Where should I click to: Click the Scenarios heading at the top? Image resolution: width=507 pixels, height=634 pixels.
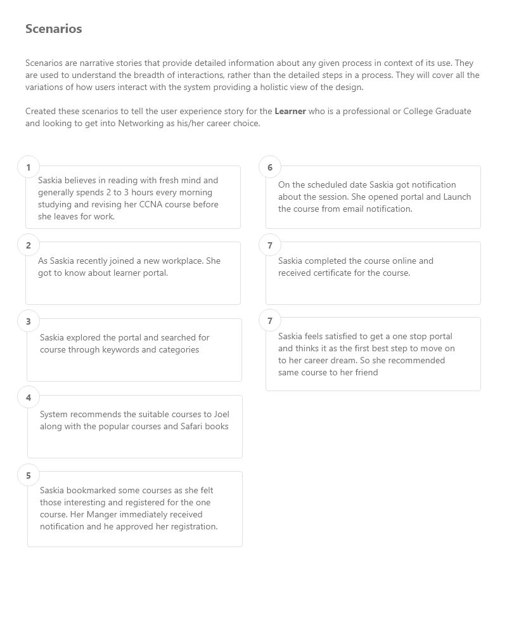coord(54,29)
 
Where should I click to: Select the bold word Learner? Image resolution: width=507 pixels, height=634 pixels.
coord(290,111)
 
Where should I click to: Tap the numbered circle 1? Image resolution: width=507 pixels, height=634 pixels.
coord(29,167)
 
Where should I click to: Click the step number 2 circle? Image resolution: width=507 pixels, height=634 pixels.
coord(29,245)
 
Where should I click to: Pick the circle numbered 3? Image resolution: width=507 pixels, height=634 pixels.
coord(29,321)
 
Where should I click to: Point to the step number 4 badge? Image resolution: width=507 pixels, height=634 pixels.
coord(29,398)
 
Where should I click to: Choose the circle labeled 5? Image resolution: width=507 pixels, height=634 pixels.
coord(29,475)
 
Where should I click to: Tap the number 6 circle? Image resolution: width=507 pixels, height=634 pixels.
coord(270,167)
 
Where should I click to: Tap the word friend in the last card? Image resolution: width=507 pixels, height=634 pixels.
coord(365,373)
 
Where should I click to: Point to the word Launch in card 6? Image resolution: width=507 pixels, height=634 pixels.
coord(457,197)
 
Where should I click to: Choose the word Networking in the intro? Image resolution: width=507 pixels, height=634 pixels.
coord(139,124)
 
